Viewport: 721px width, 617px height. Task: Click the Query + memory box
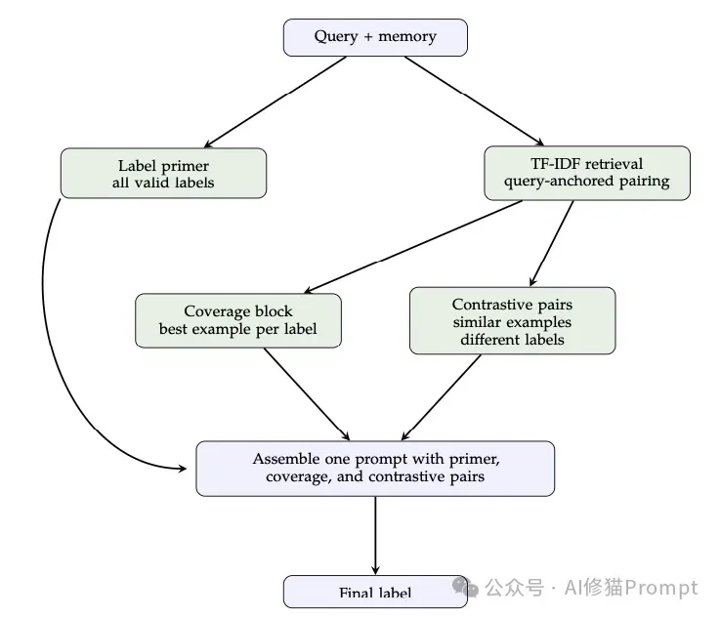pyautogui.click(x=375, y=37)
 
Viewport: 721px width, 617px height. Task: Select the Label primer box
pyautogui.click(x=163, y=173)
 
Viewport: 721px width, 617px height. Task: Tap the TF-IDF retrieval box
pyautogui.click(x=586, y=172)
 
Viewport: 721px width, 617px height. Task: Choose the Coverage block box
pyautogui.click(x=238, y=320)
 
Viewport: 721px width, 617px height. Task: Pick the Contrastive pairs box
pyautogui.click(x=512, y=320)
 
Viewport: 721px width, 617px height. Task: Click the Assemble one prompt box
pyautogui.click(x=375, y=468)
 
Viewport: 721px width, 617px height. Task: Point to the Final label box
pyautogui.click(x=375, y=592)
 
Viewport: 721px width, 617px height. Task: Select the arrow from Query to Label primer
pyautogui.click(x=275, y=102)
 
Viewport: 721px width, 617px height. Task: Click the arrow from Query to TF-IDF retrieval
pyautogui.click(x=475, y=101)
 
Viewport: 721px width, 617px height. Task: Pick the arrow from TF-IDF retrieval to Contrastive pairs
pyautogui.click(x=552, y=241)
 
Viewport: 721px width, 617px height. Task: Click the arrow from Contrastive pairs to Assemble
pyautogui.click(x=442, y=396)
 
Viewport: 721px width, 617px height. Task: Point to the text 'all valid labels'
pyautogui.click(x=163, y=182)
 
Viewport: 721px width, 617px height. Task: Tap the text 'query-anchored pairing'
pyautogui.click(x=586, y=181)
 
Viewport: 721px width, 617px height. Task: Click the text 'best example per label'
pyautogui.click(x=238, y=329)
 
